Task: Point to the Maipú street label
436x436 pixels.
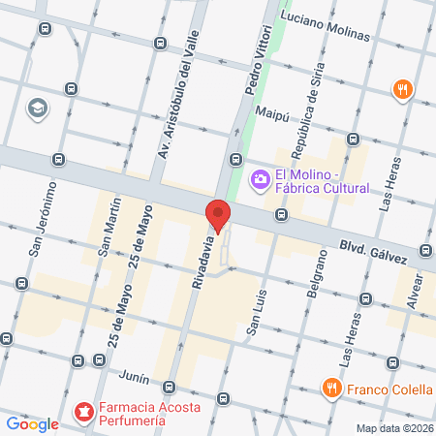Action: (272, 113)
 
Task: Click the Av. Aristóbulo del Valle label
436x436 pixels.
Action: (179, 107)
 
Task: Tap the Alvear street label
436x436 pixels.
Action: (418, 290)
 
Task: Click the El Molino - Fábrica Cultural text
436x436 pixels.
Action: (321, 181)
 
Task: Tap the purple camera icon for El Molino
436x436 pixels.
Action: (259, 178)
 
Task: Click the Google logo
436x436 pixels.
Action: (32, 423)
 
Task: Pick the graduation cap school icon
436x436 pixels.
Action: (38, 108)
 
